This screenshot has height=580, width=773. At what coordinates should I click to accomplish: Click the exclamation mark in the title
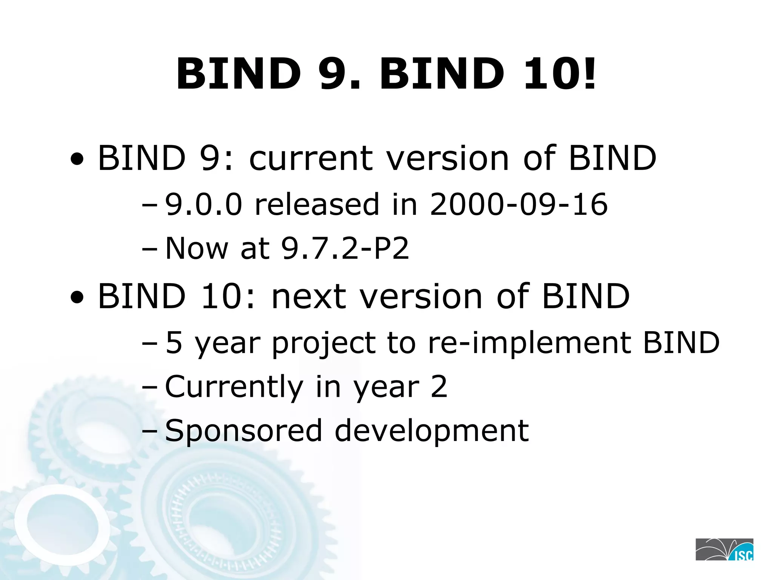588,73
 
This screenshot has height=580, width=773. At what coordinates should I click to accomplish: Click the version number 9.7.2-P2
345,248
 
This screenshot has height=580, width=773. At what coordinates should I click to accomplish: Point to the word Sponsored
243,431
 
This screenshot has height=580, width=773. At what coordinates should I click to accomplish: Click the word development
432,431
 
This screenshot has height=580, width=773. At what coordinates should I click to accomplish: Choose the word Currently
234,387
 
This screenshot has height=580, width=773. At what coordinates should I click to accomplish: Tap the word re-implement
530,342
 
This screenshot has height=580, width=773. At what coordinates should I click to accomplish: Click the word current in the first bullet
311,158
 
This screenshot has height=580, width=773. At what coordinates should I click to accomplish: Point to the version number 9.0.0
203,204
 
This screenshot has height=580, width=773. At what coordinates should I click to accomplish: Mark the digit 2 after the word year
439,387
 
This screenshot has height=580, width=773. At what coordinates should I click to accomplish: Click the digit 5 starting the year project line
174,342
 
